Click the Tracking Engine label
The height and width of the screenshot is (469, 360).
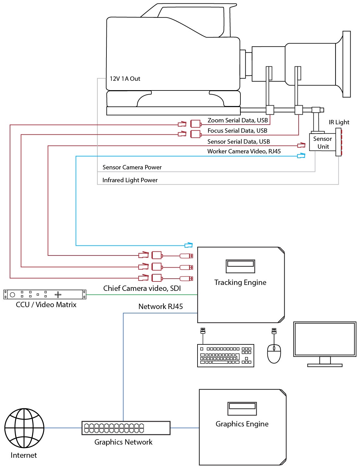click(240, 282)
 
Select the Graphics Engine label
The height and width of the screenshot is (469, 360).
click(242, 424)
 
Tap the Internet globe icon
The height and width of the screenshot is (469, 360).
click(24, 428)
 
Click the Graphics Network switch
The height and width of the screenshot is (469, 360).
click(126, 428)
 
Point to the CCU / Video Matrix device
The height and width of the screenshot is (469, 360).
click(45, 295)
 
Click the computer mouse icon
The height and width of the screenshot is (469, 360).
click(274, 353)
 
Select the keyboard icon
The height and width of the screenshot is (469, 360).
click(225, 356)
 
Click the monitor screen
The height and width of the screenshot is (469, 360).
click(325, 339)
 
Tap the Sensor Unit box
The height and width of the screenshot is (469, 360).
click(322, 143)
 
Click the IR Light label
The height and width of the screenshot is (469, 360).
click(339, 122)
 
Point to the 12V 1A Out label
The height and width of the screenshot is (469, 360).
click(125, 79)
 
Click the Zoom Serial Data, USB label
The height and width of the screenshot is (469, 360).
click(238, 121)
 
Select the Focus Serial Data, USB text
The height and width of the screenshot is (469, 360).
click(237, 131)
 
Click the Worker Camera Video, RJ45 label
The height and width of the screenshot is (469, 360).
click(244, 152)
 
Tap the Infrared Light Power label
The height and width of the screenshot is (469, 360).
click(130, 180)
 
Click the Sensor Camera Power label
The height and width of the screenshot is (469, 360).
click(132, 167)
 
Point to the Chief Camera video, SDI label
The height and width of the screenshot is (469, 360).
click(142, 288)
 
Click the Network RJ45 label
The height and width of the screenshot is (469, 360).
click(161, 307)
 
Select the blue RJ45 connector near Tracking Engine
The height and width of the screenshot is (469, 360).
click(188, 245)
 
